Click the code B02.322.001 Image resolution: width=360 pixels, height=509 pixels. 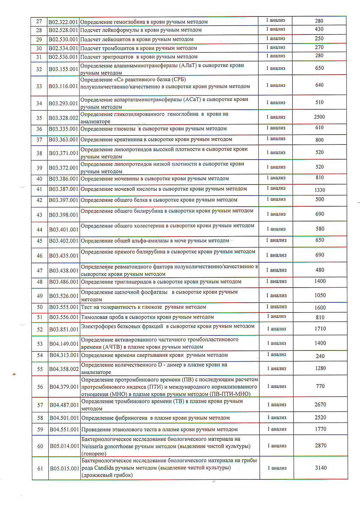pyautogui.click(x=63, y=22)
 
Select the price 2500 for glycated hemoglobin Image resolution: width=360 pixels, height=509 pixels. pyautogui.click(x=319, y=117)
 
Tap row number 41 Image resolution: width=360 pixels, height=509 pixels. pyautogui.click(x=39, y=189)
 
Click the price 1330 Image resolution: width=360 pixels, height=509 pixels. pyautogui.click(x=320, y=190)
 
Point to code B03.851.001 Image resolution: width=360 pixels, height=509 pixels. pyautogui.click(x=64, y=329)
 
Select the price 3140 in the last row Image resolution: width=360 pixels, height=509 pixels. pyautogui.click(x=321, y=468)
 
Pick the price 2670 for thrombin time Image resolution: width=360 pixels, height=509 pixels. pyautogui.click(x=320, y=405)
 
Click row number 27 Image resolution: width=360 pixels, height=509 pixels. pyautogui.click(x=39, y=21)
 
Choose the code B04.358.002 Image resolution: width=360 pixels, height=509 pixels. pyautogui.click(x=64, y=369)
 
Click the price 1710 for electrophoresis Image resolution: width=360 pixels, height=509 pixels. pyautogui.click(x=320, y=329)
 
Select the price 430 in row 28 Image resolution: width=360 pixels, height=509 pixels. pyautogui.click(x=319, y=29)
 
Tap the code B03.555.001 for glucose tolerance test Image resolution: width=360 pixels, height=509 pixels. pyautogui.click(x=64, y=307)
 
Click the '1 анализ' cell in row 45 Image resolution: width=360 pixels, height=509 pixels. pyautogui.click(x=276, y=240)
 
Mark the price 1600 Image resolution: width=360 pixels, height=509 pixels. pyautogui.click(x=320, y=308)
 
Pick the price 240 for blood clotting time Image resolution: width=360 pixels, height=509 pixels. pyautogui.click(x=320, y=356)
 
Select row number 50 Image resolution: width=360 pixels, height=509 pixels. pyautogui.click(x=40, y=307)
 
